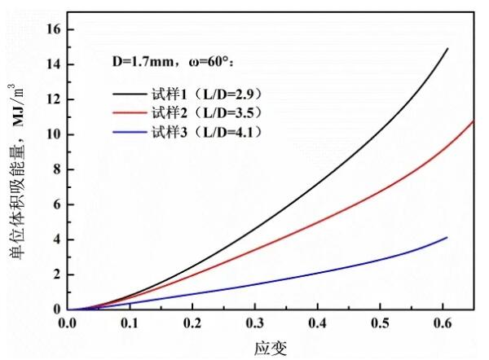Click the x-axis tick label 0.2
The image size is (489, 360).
pos(192,323)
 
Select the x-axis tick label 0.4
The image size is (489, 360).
pos(316,323)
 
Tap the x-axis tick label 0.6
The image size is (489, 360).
pos(441,323)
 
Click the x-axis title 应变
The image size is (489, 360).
pos(271,347)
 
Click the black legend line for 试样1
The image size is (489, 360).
pos(130,94)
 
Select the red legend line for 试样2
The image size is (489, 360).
pos(130,112)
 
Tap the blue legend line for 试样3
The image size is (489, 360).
pos(130,130)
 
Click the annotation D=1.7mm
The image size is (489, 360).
pos(140,61)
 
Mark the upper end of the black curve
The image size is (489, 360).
pos(447,49)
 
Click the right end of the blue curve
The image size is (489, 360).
pos(447,237)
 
